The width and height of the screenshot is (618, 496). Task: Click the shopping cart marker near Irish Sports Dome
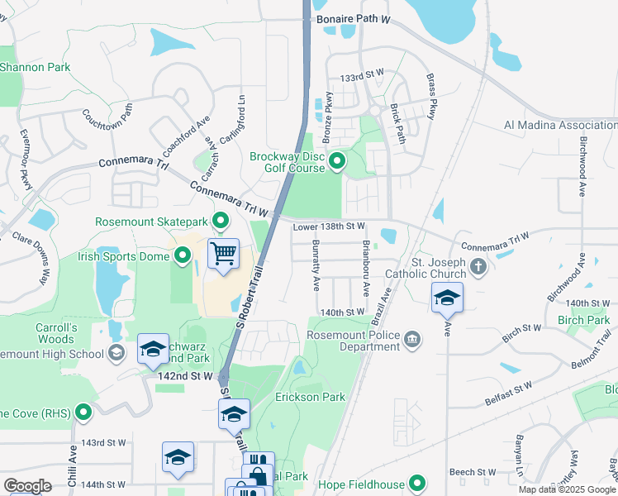pyautogui.click(x=223, y=254)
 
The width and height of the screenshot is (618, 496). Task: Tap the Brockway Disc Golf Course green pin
pyautogui.click(x=336, y=160)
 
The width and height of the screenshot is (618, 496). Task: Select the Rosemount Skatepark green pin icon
pyautogui.click(x=221, y=221)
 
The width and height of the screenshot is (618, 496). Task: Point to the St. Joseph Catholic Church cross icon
pyautogui.click(x=478, y=266)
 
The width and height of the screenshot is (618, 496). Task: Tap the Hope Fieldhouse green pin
pyautogui.click(x=417, y=484)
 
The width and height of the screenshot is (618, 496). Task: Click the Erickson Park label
pyautogui.click(x=310, y=398)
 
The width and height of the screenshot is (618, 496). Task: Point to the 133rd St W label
pyautogui.click(x=363, y=75)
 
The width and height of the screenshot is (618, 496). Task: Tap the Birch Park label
pyautogui.click(x=583, y=320)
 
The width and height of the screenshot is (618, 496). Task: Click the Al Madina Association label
pyautogui.click(x=560, y=125)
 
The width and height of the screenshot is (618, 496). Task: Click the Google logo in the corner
pyautogui.click(x=27, y=486)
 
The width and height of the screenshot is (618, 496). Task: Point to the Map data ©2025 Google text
pyautogui.click(x=567, y=489)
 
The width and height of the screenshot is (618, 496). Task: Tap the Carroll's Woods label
pyautogui.click(x=56, y=333)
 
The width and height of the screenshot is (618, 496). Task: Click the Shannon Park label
pyautogui.click(x=36, y=67)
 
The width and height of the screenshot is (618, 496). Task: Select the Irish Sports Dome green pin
pyautogui.click(x=181, y=257)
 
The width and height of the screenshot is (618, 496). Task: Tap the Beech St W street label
pyautogui.click(x=473, y=472)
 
